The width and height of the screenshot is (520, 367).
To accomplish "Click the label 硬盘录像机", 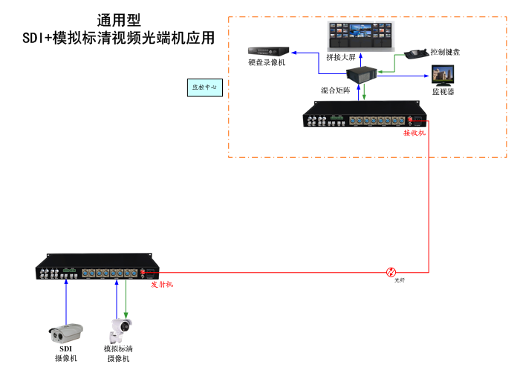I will (x=267, y=63).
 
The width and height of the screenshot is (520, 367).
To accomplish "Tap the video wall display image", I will (x=360, y=33).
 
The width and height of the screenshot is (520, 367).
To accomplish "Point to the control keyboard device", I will (x=414, y=54).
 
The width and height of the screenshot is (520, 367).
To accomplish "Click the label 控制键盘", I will (x=445, y=53).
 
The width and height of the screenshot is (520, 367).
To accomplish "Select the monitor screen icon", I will (x=444, y=76).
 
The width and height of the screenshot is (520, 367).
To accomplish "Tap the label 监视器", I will (x=443, y=92).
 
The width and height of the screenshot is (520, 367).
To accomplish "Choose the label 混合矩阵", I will (x=335, y=90).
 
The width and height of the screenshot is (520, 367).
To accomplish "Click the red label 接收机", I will (x=415, y=133).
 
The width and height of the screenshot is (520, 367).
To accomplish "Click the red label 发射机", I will (x=162, y=284).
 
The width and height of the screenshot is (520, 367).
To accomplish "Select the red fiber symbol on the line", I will (x=391, y=272).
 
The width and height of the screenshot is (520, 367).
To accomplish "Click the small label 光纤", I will (x=400, y=280).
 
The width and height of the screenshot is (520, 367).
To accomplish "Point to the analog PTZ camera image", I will (x=120, y=329).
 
